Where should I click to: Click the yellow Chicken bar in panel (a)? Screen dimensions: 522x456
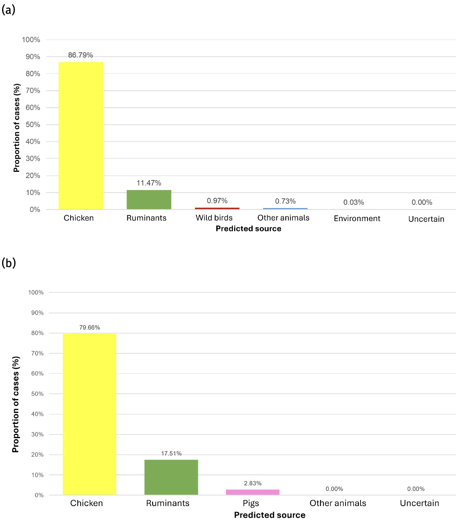tap(81, 136)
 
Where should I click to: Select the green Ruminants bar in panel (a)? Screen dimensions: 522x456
tap(149, 200)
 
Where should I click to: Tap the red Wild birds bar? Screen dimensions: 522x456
tap(217, 208)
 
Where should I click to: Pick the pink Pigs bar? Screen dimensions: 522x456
tap(252, 492)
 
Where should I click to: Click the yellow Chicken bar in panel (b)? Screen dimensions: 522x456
tap(89, 414)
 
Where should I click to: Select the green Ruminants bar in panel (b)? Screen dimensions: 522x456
tap(171, 477)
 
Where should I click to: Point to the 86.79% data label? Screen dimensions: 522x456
tap(80, 55)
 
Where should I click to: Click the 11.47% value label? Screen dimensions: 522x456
tap(149, 183)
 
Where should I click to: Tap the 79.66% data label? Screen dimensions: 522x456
tap(89, 327)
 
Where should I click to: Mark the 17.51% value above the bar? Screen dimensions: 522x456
tap(171, 453)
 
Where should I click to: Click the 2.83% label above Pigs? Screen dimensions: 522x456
tap(252, 483)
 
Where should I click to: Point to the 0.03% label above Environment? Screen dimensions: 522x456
tap(354, 202)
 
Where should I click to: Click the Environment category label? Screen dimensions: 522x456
tap(357, 219)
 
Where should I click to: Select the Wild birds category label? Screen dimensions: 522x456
tap(214, 218)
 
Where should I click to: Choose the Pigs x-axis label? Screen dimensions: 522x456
tap(251, 503)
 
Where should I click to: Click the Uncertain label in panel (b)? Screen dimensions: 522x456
tap(419, 503)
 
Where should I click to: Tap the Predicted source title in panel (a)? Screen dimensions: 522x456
tap(248, 228)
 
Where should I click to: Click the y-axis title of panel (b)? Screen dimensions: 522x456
tap(16, 404)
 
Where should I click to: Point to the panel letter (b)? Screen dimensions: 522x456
tap(9, 263)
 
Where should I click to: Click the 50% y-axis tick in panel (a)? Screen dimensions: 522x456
tap(33, 125)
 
